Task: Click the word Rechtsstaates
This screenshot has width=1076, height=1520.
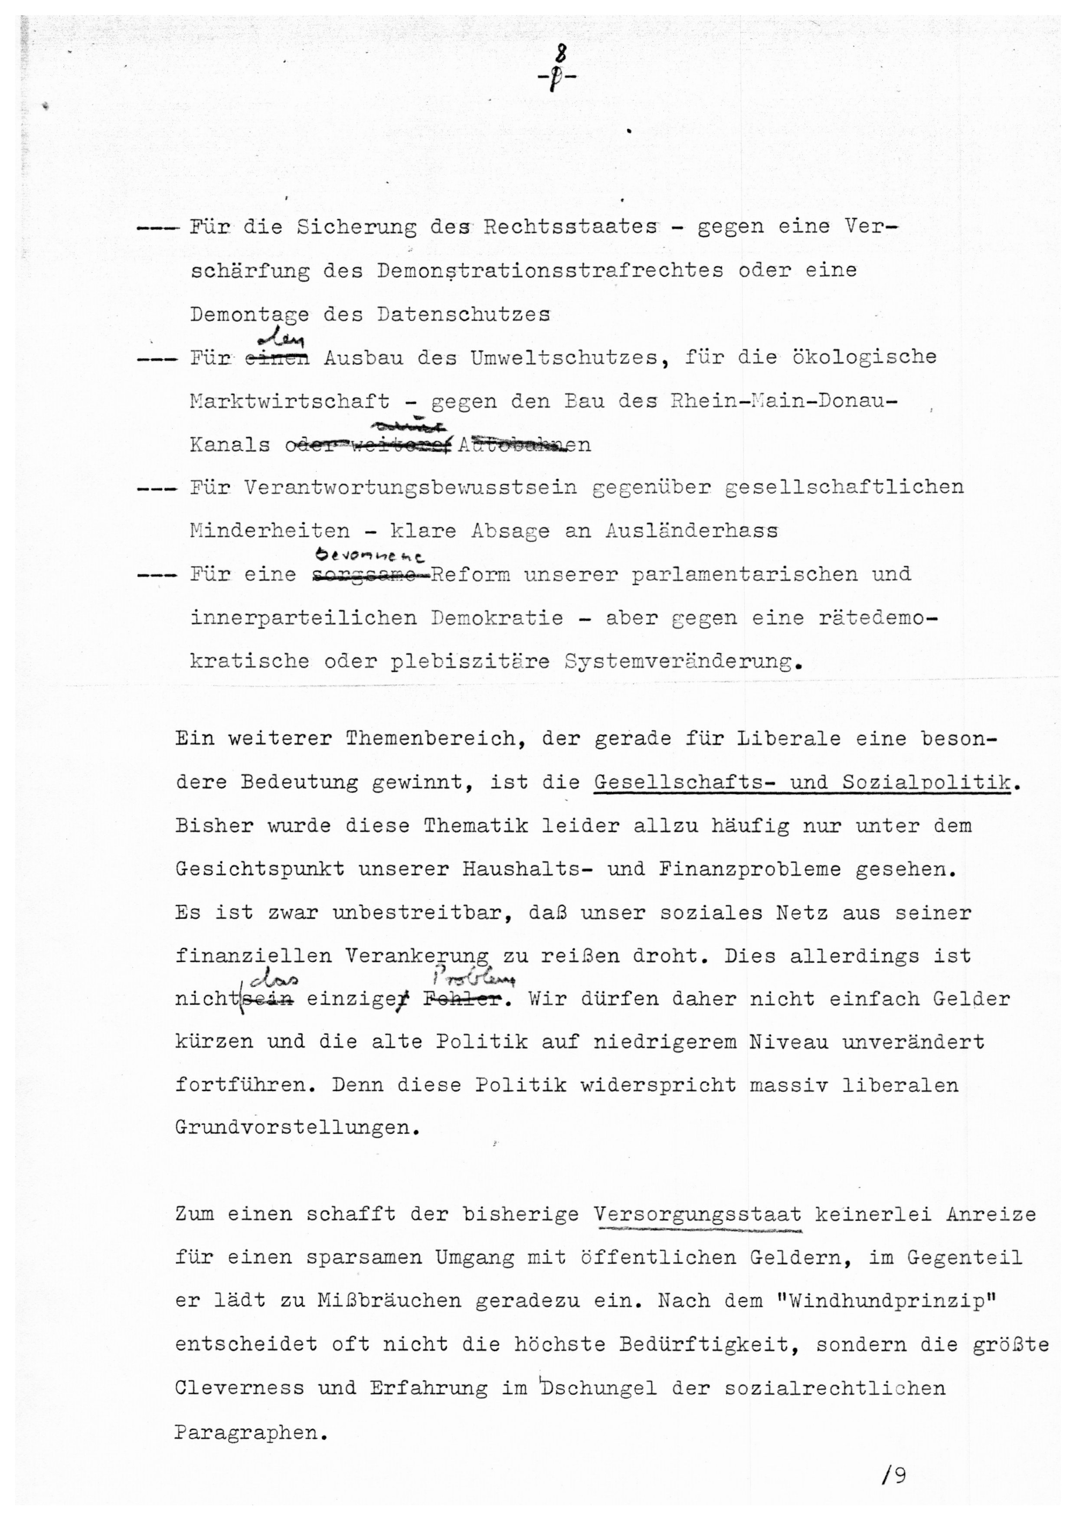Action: pos(570,227)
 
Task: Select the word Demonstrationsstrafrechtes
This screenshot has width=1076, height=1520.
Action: pos(550,271)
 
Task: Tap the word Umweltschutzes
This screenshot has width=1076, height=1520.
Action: pos(565,358)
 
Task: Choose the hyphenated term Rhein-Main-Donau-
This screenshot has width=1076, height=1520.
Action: pos(783,401)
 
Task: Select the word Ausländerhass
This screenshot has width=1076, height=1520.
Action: pos(691,531)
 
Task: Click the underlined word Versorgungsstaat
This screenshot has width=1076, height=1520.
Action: pos(698,1215)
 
